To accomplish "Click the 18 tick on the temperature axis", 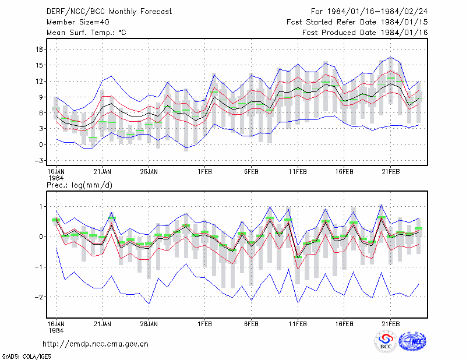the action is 39,50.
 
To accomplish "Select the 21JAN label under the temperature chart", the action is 103,172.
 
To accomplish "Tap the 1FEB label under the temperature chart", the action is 204,172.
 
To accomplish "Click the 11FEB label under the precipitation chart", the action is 298,324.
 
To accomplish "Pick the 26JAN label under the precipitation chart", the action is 149,324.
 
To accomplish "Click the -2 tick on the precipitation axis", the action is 38,297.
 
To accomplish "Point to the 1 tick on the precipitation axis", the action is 41,207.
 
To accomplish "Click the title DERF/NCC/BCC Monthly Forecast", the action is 109,12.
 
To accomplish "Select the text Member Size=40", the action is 78,22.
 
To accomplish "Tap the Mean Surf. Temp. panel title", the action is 86,33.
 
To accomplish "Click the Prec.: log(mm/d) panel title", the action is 79,185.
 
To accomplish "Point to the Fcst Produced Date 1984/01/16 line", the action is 365,33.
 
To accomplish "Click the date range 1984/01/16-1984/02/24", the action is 377,12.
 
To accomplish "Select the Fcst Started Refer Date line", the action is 357,22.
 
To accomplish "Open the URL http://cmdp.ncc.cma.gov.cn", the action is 96,344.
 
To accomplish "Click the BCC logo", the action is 386,341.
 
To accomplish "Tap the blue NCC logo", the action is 412,341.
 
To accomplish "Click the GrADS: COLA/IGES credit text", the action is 26,357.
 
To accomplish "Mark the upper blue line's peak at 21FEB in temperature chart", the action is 390,57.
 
